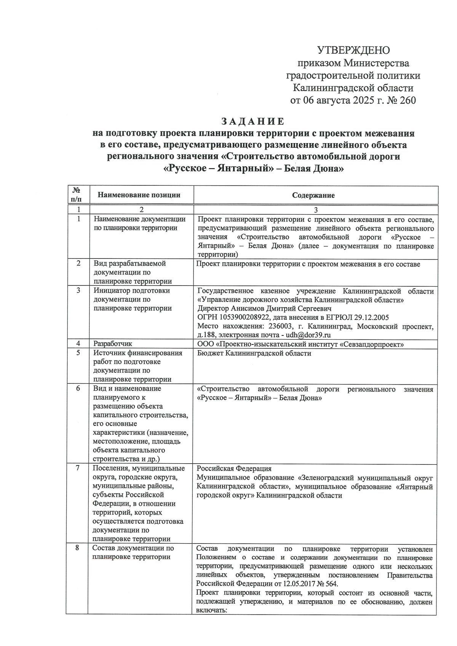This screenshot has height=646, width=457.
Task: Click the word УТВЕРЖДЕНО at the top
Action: tap(353, 50)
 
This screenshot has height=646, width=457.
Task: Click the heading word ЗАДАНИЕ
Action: tap(253, 121)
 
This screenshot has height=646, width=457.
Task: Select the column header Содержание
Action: tap(313, 195)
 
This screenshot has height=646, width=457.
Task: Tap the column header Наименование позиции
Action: tap(139, 195)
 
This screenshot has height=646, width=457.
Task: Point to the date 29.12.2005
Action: tap(371, 317)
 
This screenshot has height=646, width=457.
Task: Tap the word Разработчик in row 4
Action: tap(113, 344)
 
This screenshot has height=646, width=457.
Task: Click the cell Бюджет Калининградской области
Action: tap(254, 353)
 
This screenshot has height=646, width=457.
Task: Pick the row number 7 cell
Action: tap(78, 468)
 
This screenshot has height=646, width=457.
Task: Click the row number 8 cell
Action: tap(77, 548)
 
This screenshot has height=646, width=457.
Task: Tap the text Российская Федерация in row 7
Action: tap(234, 469)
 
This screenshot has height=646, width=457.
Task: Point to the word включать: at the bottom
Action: tap(211, 610)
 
